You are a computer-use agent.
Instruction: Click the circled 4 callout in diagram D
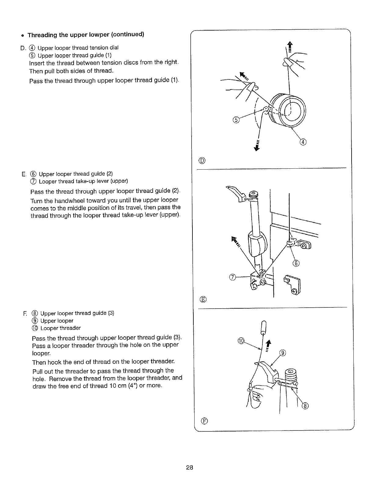coord(303,142)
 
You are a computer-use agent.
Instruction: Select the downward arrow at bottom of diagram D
coord(258,146)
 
